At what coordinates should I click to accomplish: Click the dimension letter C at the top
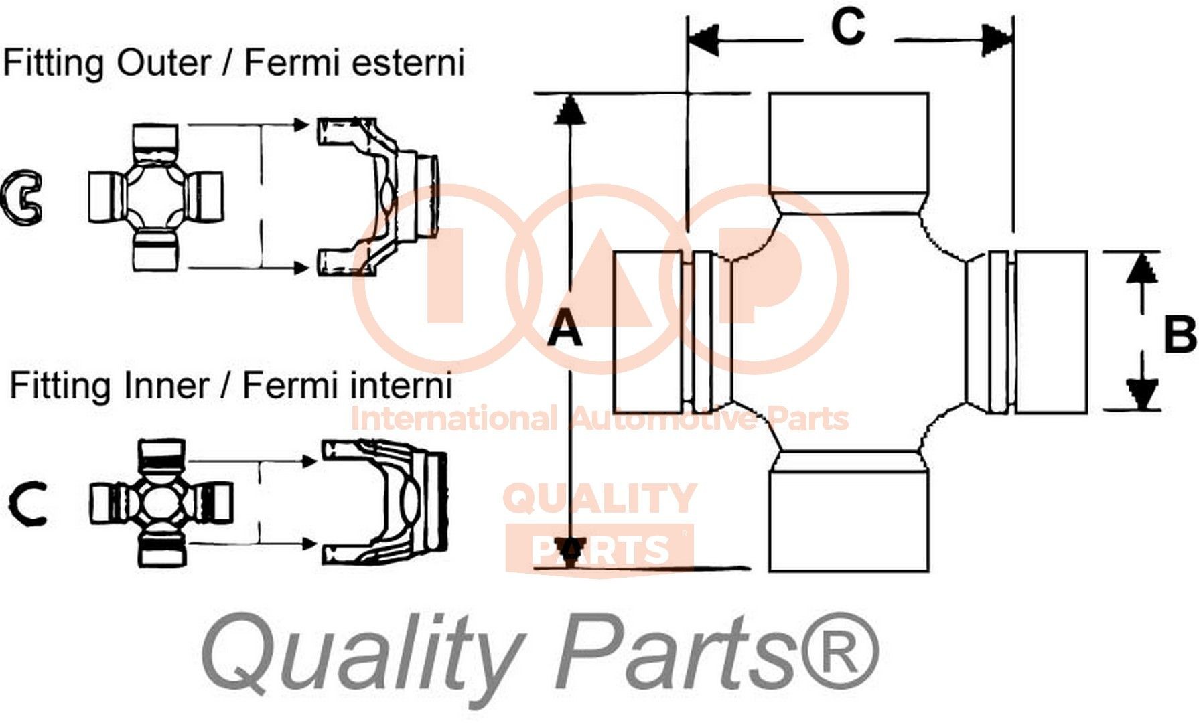(848, 28)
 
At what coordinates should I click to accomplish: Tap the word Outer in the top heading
(163, 63)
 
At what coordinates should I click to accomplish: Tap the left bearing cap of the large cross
(648, 331)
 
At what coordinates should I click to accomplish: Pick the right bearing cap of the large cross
(1050, 332)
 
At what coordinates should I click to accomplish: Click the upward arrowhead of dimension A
(569, 111)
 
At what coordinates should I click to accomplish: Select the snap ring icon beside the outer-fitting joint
(21, 197)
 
